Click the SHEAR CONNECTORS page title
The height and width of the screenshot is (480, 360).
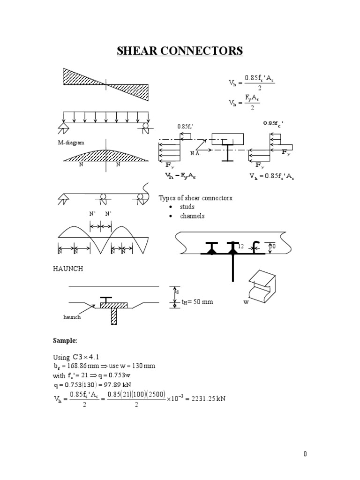pos(180,51)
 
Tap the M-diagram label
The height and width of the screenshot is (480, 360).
pos(71,143)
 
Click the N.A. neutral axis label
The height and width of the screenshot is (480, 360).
pos(196,153)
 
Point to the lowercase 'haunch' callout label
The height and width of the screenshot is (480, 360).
pos(72,317)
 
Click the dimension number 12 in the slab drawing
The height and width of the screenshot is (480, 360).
pos(241,246)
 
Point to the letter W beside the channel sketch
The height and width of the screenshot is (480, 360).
pos(245,302)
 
